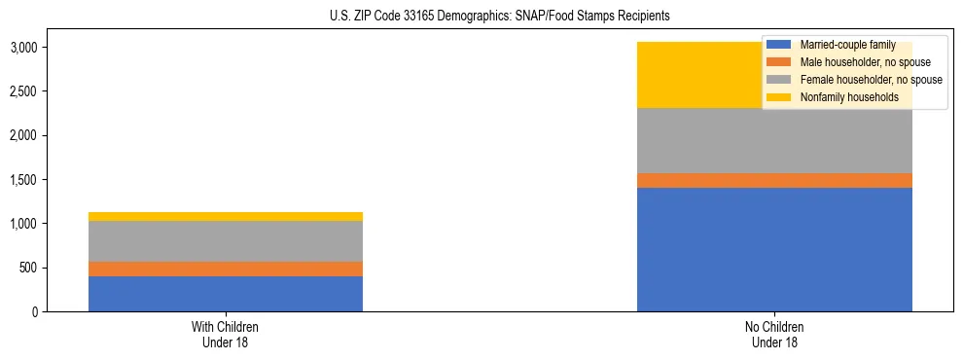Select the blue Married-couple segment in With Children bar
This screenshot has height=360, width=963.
pos(226,294)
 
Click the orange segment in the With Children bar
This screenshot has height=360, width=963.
pos(226,269)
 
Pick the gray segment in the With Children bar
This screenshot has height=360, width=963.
pos(226,241)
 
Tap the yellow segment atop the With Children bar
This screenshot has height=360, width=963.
pos(226,216)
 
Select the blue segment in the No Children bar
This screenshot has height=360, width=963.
pos(774,249)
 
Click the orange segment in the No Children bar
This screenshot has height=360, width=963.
pos(774,180)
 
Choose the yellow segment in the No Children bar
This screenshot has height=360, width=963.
pos(700,75)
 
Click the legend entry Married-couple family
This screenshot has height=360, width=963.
pos(845,45)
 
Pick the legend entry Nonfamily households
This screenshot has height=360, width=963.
pos(842,97)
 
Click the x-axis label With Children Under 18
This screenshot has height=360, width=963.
pos(226,334)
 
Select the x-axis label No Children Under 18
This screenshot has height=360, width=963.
pos(774,334)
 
